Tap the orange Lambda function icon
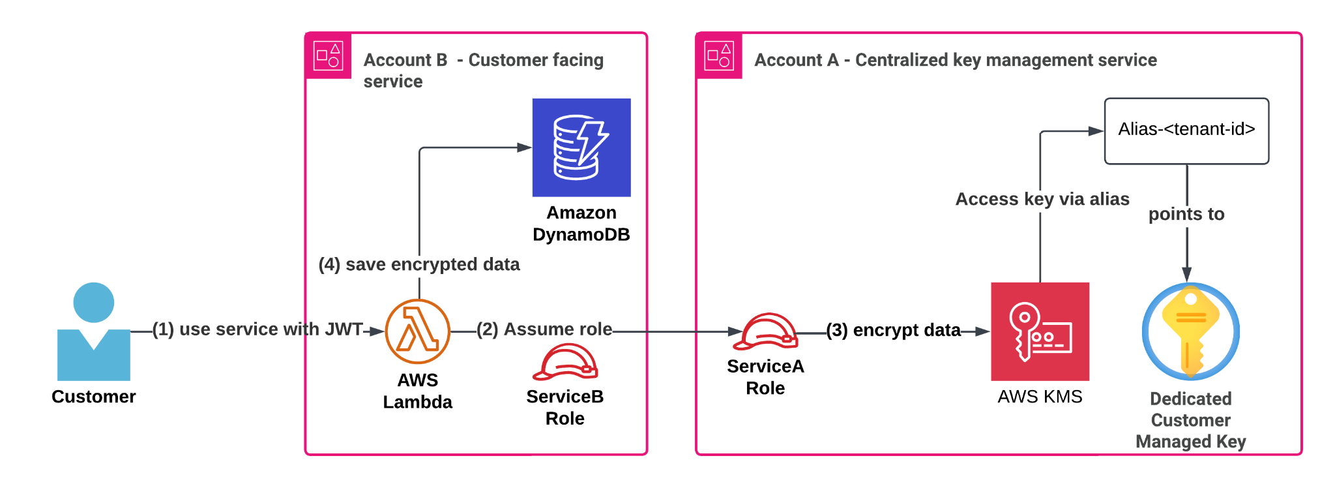click(x=417, y=331)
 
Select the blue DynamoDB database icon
click(x=581, y=147)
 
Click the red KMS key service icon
click(x=1040, y=331)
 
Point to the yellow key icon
click(x=1190, y=331)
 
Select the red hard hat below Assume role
click(x=566, y=363)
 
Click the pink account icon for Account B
click(x=328, y=55)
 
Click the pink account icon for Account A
click(x=719, y=55)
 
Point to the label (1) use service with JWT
click(x=257, y=329)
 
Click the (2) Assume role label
click(x=544, y=329)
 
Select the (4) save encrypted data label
click(x=419, y=265)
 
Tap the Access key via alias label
click(x=1042, y=200)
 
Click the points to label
click(x=1186, y=215)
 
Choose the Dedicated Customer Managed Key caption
click(x=1190, y=420)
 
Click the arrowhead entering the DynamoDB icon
click(x=525, y=147)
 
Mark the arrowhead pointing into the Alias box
click(x=1096, y=131)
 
